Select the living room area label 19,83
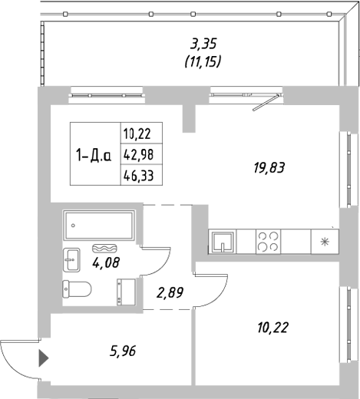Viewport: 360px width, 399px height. (x=269, y=167)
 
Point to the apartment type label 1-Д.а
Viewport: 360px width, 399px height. (x=93, y=156)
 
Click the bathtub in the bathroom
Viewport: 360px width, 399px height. (x=97, y=226)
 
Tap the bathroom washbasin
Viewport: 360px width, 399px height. (x=71, y=261)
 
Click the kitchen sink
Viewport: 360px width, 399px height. (x=223, y=242)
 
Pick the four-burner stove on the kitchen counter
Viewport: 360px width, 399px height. (x=269, y=242)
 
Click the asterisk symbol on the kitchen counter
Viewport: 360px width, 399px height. (x=324, y=242)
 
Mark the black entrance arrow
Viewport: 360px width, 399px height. (x=44, y=357)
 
